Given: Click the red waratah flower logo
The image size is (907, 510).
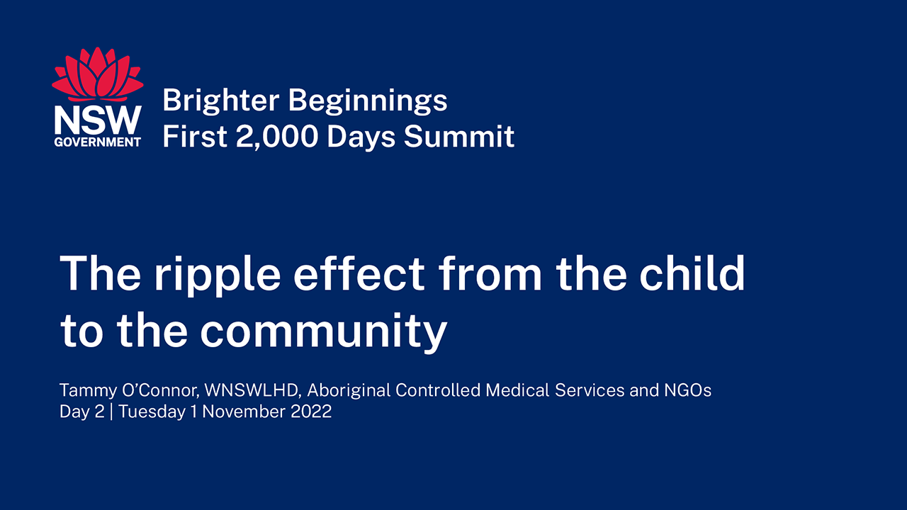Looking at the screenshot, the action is (98, 74).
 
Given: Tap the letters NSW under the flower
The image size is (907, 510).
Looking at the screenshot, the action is (98, 120).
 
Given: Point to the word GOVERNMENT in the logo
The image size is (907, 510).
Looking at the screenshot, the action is (98, 142).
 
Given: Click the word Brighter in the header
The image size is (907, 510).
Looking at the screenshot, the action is (221, 101).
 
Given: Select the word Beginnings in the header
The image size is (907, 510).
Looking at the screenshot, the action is (368, 101).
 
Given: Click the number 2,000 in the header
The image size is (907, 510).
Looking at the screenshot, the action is (277, 137).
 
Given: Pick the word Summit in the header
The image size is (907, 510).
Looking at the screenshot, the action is (459, 136).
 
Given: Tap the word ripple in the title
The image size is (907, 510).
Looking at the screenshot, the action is (218, 274).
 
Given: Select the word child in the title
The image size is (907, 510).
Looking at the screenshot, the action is (692, 273).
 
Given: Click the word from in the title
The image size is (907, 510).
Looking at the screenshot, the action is (490, 273).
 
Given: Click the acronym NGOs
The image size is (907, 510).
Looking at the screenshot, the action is (687, 390).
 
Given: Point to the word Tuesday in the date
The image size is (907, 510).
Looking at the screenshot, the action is (152, 412).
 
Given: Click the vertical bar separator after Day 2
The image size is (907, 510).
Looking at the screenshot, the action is (111, 412).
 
